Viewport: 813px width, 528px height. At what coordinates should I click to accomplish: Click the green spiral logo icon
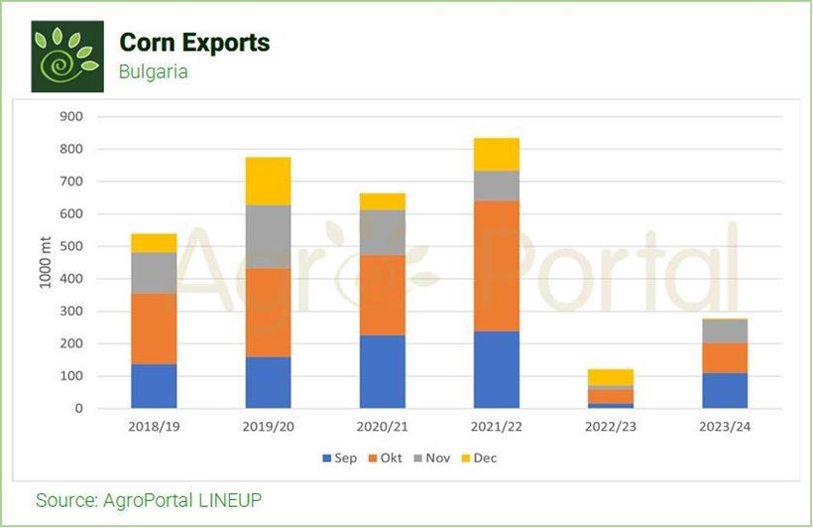(x=67, y=56)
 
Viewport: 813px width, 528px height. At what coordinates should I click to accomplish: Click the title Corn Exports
(x=194, y=43)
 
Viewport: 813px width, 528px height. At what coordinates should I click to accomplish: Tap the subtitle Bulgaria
(x=153, y=71)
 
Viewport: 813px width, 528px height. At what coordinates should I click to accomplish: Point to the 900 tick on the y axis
(x=70, y=116)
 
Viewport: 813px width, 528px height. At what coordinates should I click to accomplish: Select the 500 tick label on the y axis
(x=70, y=246)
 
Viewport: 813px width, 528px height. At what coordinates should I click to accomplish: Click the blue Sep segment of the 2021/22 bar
(x=496, y=369)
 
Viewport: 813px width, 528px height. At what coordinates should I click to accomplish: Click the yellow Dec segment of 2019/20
(x=268, y=181)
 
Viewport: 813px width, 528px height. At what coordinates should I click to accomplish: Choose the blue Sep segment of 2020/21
(x=382, y=371)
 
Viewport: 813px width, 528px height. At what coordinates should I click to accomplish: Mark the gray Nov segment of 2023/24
(x=724, y=331)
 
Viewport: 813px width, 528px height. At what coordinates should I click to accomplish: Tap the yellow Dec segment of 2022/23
(x=611, y=377)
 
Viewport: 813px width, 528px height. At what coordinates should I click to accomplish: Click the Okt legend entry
(x=386, y=459)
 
